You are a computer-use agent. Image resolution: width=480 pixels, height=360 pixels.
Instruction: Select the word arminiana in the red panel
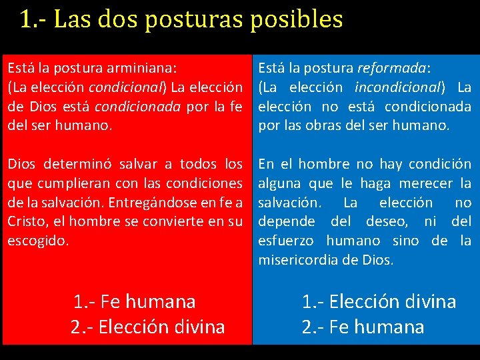coord(143,67)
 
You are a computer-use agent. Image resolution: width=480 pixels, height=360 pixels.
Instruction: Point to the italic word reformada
coord(393,67)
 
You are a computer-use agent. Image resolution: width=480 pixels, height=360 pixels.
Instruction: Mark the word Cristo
coord(25,221)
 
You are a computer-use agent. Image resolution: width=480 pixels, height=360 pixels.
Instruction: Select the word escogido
coord(37,241)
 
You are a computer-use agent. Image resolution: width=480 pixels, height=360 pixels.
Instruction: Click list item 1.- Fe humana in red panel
coord(135,301)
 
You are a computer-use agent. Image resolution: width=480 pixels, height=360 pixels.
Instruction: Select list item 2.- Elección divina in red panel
coord(147,327)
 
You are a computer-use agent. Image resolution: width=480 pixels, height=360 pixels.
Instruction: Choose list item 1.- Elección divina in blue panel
coord(379,301)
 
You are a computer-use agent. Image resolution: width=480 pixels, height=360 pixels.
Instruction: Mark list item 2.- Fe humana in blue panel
coord(363,327)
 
